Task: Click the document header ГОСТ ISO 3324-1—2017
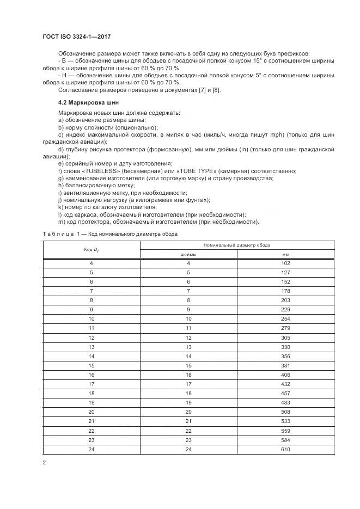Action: click(81, 36)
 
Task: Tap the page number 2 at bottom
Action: click(44, 462)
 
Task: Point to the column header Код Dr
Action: click(91, 249)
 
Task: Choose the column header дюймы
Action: click(188, 254)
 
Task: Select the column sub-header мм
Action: click(285, 254)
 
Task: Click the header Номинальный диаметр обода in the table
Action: click(237, 246)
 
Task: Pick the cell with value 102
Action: click(285, 263)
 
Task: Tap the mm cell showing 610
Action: click(285, 449)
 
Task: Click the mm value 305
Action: click(285, 338)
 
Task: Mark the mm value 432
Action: click(285, 384)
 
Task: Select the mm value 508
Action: click(285, 412)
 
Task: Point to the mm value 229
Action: click(285, 310)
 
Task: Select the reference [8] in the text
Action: click(215, 90)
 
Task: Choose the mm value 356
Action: click(285, 356)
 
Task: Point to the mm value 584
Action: click(285, 440)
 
